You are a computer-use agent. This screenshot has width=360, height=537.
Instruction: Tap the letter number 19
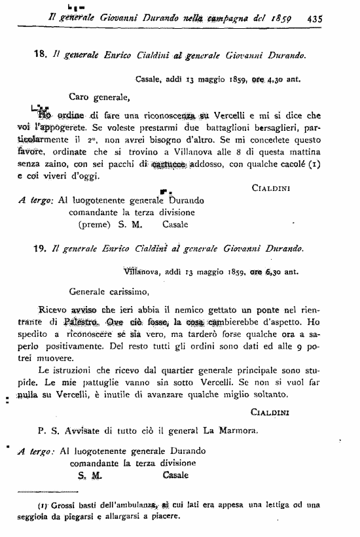point(39,248)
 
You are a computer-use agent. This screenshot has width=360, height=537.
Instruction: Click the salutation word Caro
point(81,97)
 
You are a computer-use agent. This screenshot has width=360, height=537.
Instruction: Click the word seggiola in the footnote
point(39,515)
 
